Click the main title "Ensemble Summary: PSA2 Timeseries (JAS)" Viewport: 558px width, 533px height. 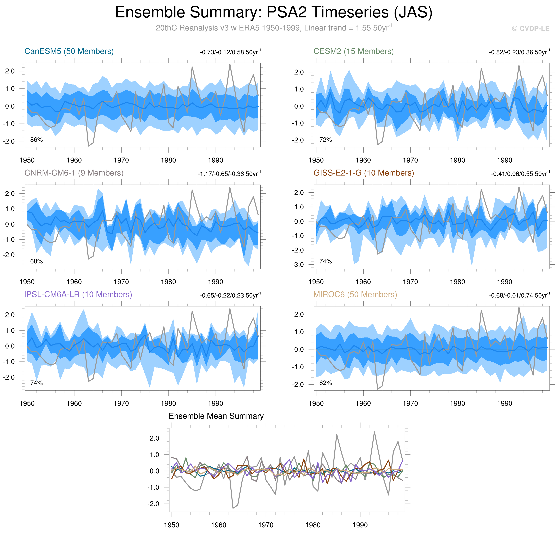pos(273,12)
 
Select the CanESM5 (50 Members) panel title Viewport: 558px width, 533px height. pos(69,51)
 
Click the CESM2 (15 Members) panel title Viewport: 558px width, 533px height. pos(353,51)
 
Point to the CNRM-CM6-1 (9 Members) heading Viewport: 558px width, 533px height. pos(74,173)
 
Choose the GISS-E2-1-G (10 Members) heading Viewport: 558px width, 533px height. pos(364,173)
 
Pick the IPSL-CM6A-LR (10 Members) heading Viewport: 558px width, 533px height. pos(78,295)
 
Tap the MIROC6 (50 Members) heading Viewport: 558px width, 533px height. pos(355,295)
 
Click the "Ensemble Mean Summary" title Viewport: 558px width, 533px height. pos(216,416)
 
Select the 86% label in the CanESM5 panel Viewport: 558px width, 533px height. pos(36,140)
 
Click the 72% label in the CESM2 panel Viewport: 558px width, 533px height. pos(326,140)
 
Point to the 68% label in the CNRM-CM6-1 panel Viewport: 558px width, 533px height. pos(36,261)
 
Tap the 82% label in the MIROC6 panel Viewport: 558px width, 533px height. pos(326,383)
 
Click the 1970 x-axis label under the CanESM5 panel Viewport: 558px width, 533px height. pos(121,160)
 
